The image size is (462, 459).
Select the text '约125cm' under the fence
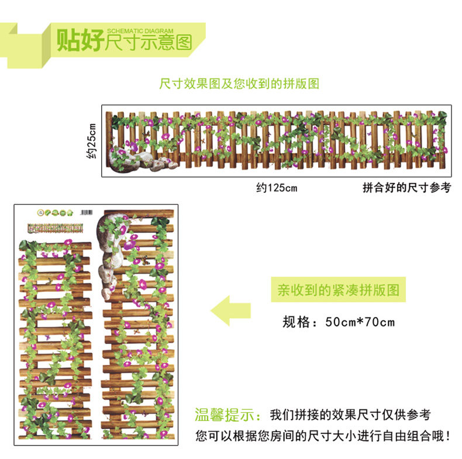tap(277, 188)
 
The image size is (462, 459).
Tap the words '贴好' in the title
tap(79, 42)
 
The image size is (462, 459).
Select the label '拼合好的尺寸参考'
tap(406, 188)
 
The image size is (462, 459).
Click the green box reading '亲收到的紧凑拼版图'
tap(337, 290)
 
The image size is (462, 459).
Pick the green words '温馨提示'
tap(228, 415)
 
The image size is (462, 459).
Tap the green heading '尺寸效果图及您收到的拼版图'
tap(239, 84)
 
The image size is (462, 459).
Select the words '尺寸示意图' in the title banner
tap(149, 44)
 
